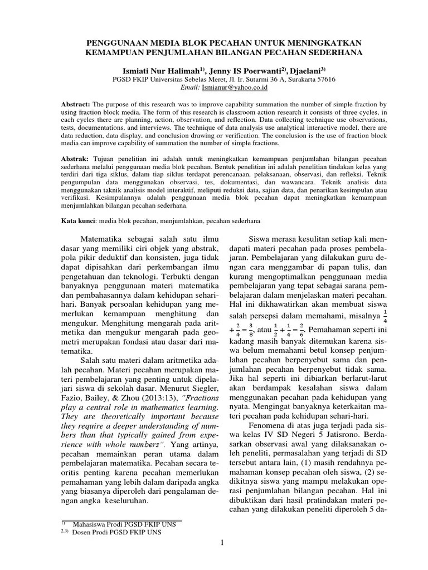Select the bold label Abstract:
coord(76,105)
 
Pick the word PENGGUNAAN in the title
coord(120,43)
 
